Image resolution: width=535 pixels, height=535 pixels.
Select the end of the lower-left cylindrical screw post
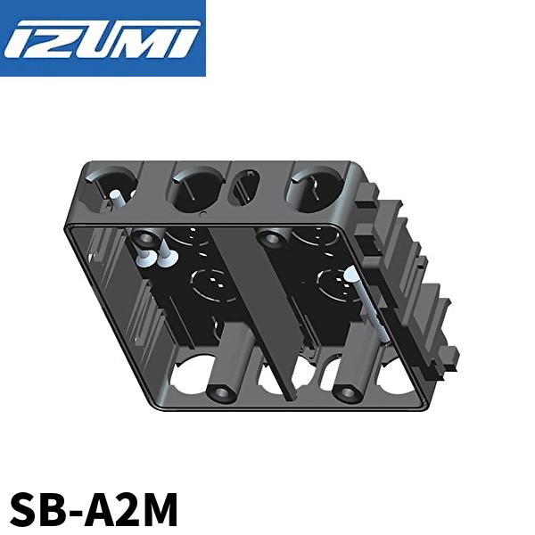click(220, 392)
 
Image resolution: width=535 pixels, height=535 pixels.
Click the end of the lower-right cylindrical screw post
click(344, 392)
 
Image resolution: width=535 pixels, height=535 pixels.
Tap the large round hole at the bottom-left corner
click(192, 374)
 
